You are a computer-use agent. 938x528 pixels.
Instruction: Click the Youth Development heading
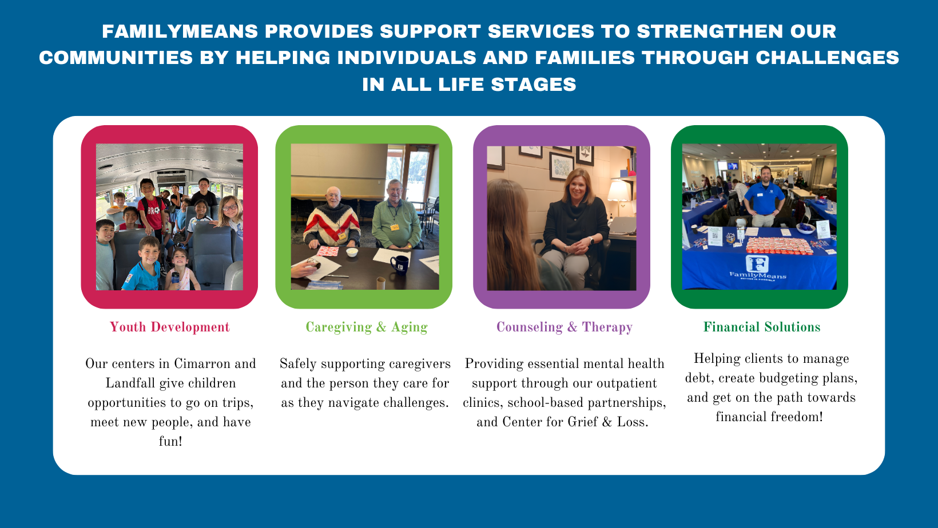170,327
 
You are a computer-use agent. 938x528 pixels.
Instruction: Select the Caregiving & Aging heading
367,327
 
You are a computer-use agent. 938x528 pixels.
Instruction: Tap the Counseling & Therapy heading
564,327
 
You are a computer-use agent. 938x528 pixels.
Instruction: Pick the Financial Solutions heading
762,327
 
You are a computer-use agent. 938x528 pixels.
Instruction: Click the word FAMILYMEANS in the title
180,31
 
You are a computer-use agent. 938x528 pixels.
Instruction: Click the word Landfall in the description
130,383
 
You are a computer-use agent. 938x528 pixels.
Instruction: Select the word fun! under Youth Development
170,441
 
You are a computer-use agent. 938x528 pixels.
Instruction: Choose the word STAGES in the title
534,85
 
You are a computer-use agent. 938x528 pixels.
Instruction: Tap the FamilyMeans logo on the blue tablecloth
757,268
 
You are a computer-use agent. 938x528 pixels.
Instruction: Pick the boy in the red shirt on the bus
150,209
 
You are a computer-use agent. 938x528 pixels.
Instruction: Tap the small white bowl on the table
352,252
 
